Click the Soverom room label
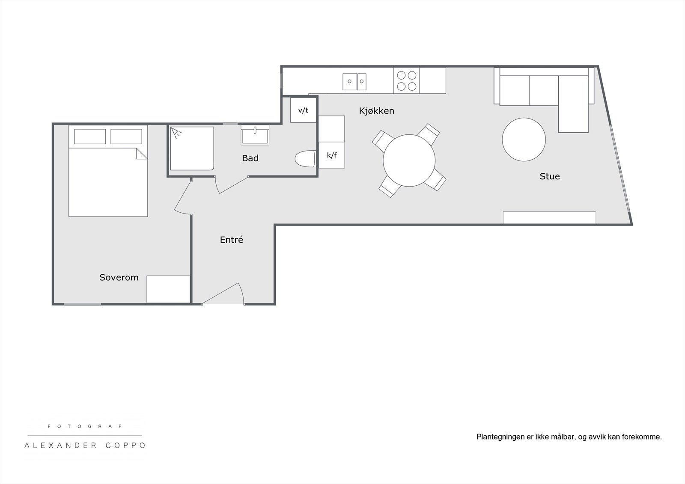pos(119,277)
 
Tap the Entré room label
pos(231,240)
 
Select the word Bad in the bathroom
pos(250,158)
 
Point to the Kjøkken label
pos(376,111)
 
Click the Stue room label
pos(549,176)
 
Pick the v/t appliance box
pos(303,110)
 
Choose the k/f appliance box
pos(332,155)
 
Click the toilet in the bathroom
pos(304,159)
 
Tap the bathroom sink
pos(255,135)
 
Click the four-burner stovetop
pos(406,80)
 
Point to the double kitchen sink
pos(354,81)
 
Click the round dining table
pos(409,160)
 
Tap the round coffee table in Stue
pos(524,140)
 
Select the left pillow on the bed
pos(90,137)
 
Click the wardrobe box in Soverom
pos(168,289)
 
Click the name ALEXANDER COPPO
pos(85,445)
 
